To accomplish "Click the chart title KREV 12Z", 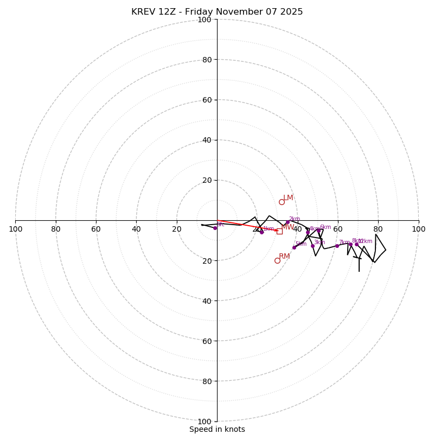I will point(217,12).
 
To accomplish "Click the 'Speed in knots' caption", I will point(217,429).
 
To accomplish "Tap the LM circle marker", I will point(282,202).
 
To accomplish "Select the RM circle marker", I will point(277,260).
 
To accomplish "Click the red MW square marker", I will point(279,231).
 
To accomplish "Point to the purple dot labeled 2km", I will point(288,222).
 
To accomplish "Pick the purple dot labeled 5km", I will point(295,247).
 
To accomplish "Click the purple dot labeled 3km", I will point(312,246).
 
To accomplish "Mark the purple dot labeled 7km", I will point(337,246).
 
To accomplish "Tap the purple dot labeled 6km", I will point(318,230).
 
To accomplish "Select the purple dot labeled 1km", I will point(261,232).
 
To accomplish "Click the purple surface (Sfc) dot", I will point(215,228).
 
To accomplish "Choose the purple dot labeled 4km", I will point(308,232).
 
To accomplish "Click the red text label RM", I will point(284,256).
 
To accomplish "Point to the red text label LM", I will point(288,197).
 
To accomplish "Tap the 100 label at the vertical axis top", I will point(205,20).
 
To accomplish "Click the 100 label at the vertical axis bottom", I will point(205,421).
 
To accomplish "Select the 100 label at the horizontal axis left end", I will point(15,229).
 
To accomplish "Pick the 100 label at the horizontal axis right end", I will point(419,229).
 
